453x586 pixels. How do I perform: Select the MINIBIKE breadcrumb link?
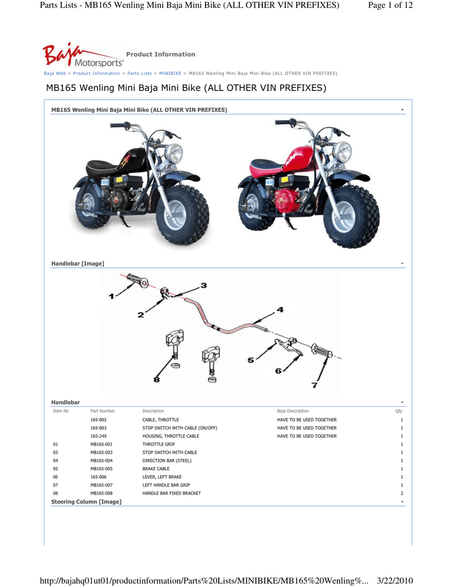point(170,74)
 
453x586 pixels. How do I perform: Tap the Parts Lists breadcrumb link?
point(139,74)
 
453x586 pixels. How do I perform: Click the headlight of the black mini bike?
point(174,153)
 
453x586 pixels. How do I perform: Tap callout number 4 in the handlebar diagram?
point(280,310)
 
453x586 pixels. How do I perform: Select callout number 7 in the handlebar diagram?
point(314,385)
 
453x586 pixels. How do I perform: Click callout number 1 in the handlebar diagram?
point(112,296)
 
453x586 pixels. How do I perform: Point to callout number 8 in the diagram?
point(156,379)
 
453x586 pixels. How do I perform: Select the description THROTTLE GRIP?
point(159,445)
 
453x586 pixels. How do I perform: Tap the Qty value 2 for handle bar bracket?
point(402,493)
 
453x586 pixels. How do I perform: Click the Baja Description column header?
point(293,411)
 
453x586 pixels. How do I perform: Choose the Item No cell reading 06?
point(56,477)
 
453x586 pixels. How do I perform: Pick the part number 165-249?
point(99,436)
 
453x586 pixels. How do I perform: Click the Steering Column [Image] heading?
point(86,502)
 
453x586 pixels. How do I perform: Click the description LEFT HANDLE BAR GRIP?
point(166,485)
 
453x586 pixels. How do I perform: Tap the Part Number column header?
point(103,411)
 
